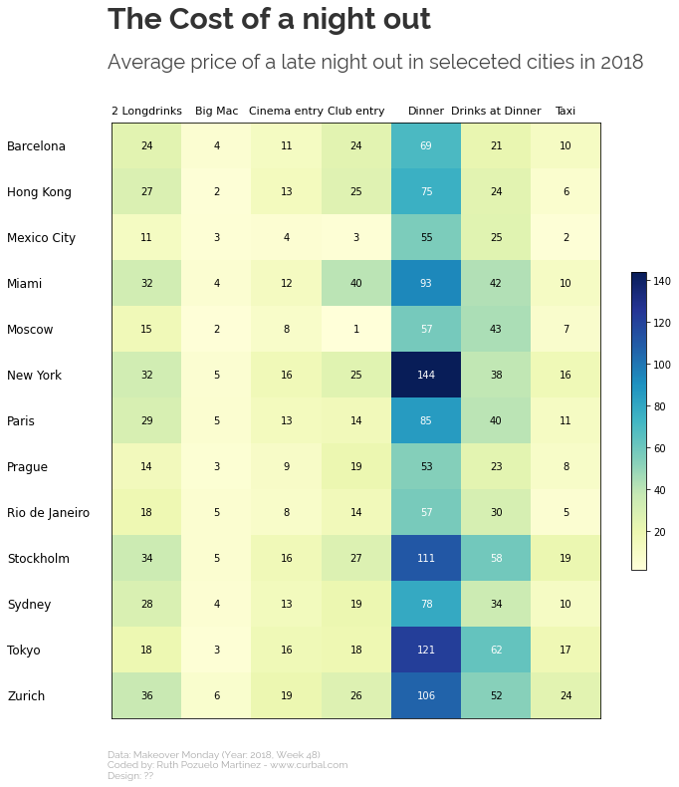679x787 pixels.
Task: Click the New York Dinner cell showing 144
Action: pos(426,376)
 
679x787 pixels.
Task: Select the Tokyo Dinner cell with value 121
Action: pos(426,651)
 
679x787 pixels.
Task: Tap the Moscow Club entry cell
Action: pos(356,330)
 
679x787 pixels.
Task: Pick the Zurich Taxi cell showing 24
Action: pos(566,696)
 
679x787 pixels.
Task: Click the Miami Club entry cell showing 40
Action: pos(356,284)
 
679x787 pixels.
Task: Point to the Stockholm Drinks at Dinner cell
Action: pos(496,559)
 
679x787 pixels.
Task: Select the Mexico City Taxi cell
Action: pos(566,238)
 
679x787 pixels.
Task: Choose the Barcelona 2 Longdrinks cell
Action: pos(146,146)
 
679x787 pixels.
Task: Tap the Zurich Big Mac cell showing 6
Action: pos(216,696)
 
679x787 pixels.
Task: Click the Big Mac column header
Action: pos(216,112)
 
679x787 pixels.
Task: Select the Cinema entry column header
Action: pos(286,112)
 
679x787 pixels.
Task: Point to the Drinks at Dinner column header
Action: pos(496,112)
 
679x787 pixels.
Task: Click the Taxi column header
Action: pos(566,112)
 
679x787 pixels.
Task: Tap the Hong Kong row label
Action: pos(39,192)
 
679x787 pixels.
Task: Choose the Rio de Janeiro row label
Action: pos(48,513)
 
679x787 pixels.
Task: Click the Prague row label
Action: pos(27,467)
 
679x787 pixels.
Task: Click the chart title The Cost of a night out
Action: pos(269,20)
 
